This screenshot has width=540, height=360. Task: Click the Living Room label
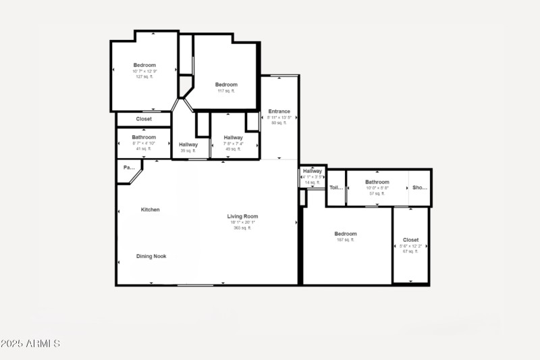pyautogui.click(x=242, y=217)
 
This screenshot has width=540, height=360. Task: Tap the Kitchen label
pyautogui.click(x=150, y=210)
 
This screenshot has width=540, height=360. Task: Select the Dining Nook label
pyautogui.click(x=151, y=257)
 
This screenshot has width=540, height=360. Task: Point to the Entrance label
pyautogui.click(x=279, y=111)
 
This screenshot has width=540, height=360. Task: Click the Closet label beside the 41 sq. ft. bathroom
pyautogui.click(x=144, y=120)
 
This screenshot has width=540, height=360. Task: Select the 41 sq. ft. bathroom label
pyautogui.click(x=144, y=138)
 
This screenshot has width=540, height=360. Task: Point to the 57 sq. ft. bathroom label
pyautogui.click(x=377, y=182)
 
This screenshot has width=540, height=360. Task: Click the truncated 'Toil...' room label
pyautogui.click(x=336, y=188)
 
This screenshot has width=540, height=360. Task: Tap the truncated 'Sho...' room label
pyautogui.click(x=420, y=188)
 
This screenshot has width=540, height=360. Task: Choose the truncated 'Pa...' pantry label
pyautogui.click(x=128, y=168)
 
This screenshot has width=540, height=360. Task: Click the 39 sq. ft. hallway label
pyautogui.click(x=188, y=145)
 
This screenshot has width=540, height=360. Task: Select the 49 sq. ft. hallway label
pyautogui.click(x=233, y=138)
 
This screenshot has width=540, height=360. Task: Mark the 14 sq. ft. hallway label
pyautogui.click(x=312, y=172)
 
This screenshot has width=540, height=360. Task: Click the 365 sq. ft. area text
pyautogui.click(x=242, y=228)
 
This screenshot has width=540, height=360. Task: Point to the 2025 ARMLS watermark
pyautogui.click(x=30, y=344)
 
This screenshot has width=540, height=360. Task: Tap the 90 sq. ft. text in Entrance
pyautogui.click(x=279, y=123)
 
